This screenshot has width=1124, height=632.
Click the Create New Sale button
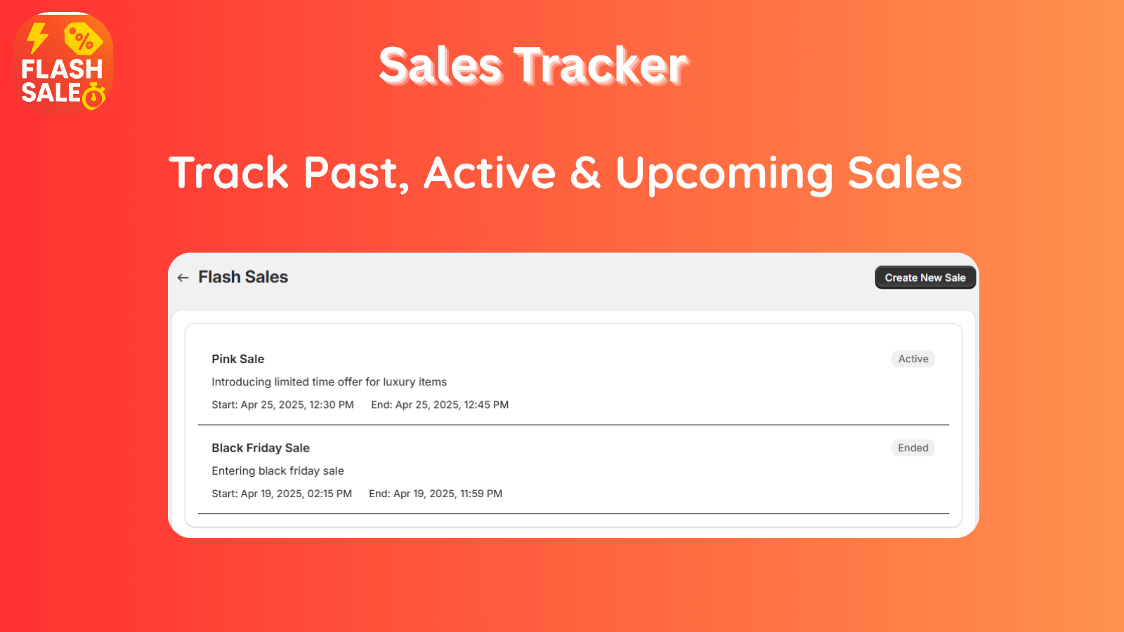925,277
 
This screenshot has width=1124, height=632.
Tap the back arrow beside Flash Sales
183,277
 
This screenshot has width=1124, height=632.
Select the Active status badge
913,359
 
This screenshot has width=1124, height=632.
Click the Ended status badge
913,447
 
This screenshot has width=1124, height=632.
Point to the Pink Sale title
238,359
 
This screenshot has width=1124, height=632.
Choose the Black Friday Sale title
261,447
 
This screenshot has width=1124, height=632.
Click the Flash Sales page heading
243,277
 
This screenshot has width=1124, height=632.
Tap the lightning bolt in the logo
37,38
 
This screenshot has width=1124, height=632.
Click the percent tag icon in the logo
83,39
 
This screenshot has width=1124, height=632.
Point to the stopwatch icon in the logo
94,96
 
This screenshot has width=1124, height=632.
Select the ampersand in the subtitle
585,172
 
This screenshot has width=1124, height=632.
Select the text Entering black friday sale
277,471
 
